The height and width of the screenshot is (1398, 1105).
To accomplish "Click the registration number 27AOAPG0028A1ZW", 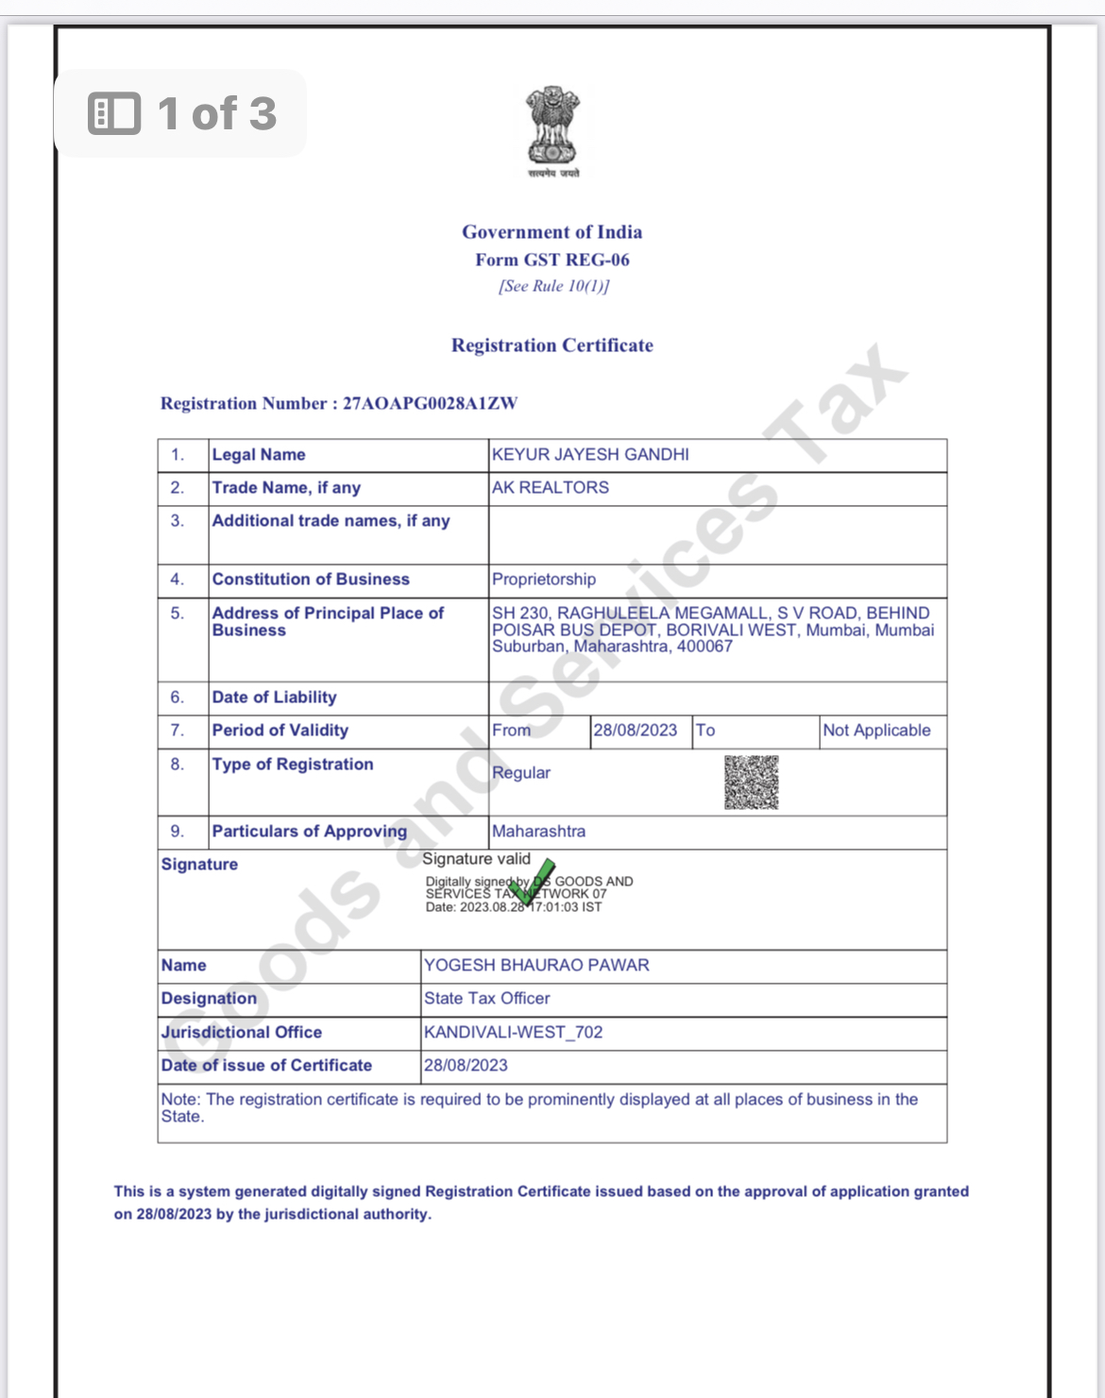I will coord(430,404).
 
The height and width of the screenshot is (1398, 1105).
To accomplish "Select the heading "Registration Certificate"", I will coord(552,345).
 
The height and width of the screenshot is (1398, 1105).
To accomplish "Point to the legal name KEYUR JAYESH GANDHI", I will coord(590,455).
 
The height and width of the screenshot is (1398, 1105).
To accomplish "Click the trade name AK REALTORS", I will coord(551,488).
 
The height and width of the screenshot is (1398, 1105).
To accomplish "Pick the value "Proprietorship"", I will coord(544,580).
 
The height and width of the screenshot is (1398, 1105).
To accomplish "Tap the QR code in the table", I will coord(751,783).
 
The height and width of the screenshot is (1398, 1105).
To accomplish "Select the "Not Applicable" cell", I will coord(876,731).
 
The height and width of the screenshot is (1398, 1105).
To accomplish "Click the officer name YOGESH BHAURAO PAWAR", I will coord(536,966).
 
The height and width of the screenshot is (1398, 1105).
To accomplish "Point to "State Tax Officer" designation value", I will coord(486,999).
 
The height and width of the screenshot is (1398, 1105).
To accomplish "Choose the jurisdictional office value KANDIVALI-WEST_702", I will coord(513,1033).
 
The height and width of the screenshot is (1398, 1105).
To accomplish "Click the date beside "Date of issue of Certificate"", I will coord(466,1066).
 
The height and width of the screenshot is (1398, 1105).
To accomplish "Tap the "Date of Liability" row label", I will coord(274,698).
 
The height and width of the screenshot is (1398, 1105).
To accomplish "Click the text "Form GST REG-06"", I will coord(552,260).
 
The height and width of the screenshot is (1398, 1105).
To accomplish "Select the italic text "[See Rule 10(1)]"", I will coord(553,286).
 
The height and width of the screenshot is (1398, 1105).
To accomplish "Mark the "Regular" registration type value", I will coord(521,773).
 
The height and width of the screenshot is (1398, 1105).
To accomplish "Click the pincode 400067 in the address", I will coord(705,647).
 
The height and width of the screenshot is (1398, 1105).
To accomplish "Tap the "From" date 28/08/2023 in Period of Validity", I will coord(635,731).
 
